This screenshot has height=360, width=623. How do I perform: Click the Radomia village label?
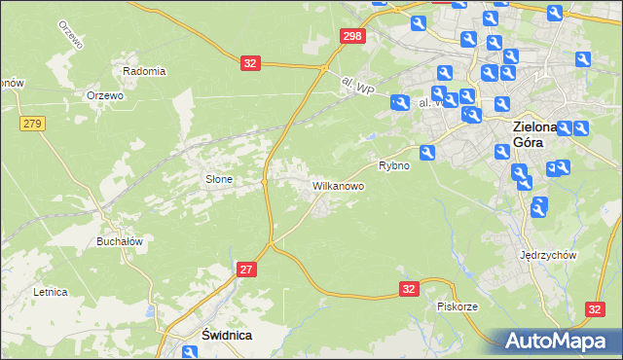[144, 71]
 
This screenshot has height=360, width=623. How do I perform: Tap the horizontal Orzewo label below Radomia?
[104, 95]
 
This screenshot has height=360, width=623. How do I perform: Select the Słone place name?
[217, 179]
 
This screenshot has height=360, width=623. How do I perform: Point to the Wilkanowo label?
[338, 184]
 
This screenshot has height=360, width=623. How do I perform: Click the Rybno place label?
[394, 165]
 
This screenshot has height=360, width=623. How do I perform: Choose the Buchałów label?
[120, 241]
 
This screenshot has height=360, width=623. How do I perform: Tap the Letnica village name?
[50, 291]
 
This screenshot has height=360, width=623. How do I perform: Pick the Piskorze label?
[457, 306]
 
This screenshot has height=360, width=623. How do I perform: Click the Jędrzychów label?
[549, 255]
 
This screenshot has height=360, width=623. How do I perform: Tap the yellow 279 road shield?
[32, 123]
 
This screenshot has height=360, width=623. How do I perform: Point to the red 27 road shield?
[246, 268]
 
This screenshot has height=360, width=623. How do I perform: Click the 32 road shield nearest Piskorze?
[410, 289]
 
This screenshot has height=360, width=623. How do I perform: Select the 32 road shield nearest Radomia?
[250, 63]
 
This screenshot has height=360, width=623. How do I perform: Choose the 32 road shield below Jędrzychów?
[596, 308]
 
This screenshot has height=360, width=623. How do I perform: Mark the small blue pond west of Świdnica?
[149, 313]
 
